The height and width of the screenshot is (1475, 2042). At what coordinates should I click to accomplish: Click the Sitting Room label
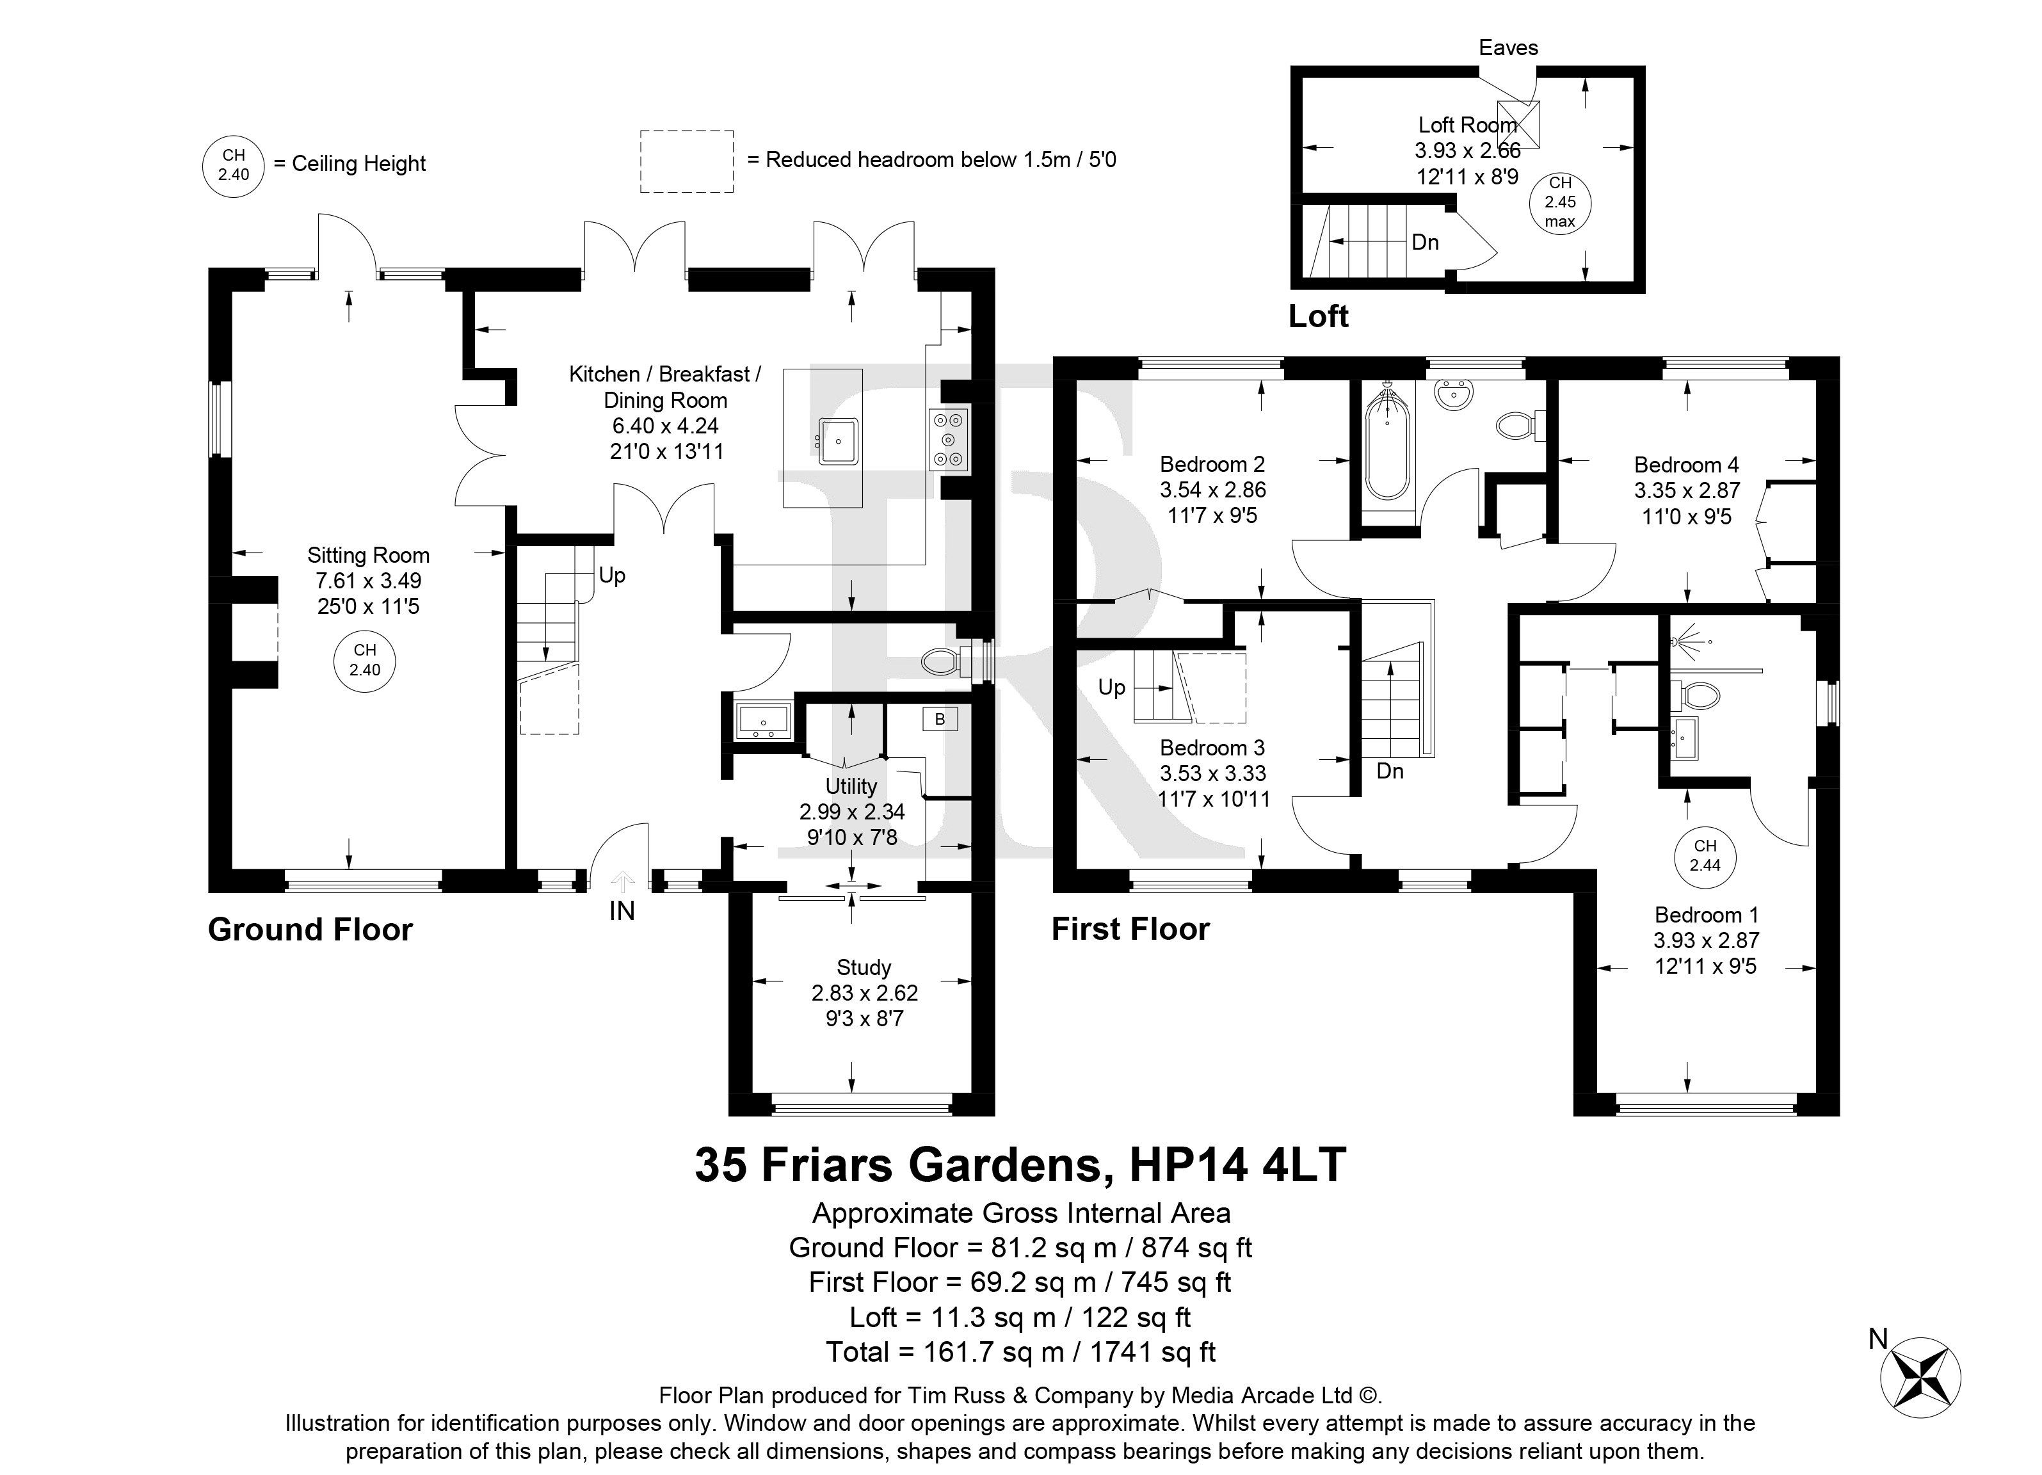point(368,556)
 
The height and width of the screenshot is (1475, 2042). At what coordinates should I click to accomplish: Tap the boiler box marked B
point(940,718)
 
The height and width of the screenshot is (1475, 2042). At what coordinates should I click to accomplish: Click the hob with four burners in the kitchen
point(949,439)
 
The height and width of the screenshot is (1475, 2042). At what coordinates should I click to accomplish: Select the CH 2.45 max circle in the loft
point(1561,202)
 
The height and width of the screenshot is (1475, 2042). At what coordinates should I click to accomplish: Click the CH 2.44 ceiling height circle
point(1705,855)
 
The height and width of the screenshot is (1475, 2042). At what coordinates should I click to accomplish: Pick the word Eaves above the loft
point(1509,48)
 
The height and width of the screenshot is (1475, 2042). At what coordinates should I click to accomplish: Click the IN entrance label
point(622,911)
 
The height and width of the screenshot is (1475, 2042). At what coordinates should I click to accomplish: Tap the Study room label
point(864,968)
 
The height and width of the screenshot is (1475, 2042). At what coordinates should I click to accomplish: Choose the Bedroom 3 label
point(1212,747)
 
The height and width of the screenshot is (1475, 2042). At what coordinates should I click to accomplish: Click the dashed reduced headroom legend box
point(687,161)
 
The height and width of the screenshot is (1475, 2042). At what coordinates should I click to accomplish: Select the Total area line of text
point(1021,1351)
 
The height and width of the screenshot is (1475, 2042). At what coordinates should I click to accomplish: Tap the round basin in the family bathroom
point(1453,394)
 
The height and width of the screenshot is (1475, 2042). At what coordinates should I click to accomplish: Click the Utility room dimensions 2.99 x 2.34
point(852,811)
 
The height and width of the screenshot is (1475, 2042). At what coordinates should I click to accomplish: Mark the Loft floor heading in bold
point(1318,317)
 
